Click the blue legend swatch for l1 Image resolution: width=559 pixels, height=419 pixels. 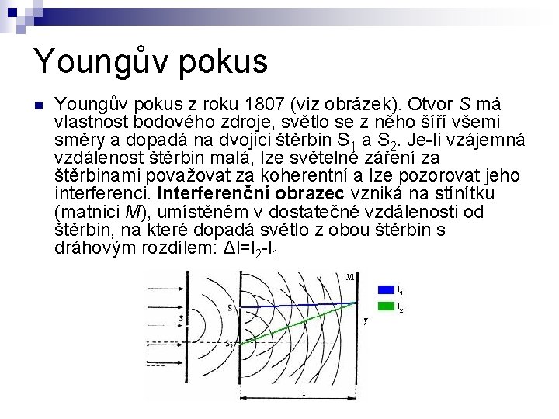point(385,289)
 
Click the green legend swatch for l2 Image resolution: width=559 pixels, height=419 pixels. point(385,307)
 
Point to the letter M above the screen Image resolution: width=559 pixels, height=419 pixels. point(351,276)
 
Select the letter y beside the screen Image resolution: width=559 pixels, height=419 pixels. point(365,319)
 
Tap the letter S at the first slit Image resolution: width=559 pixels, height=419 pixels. point(181,318)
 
